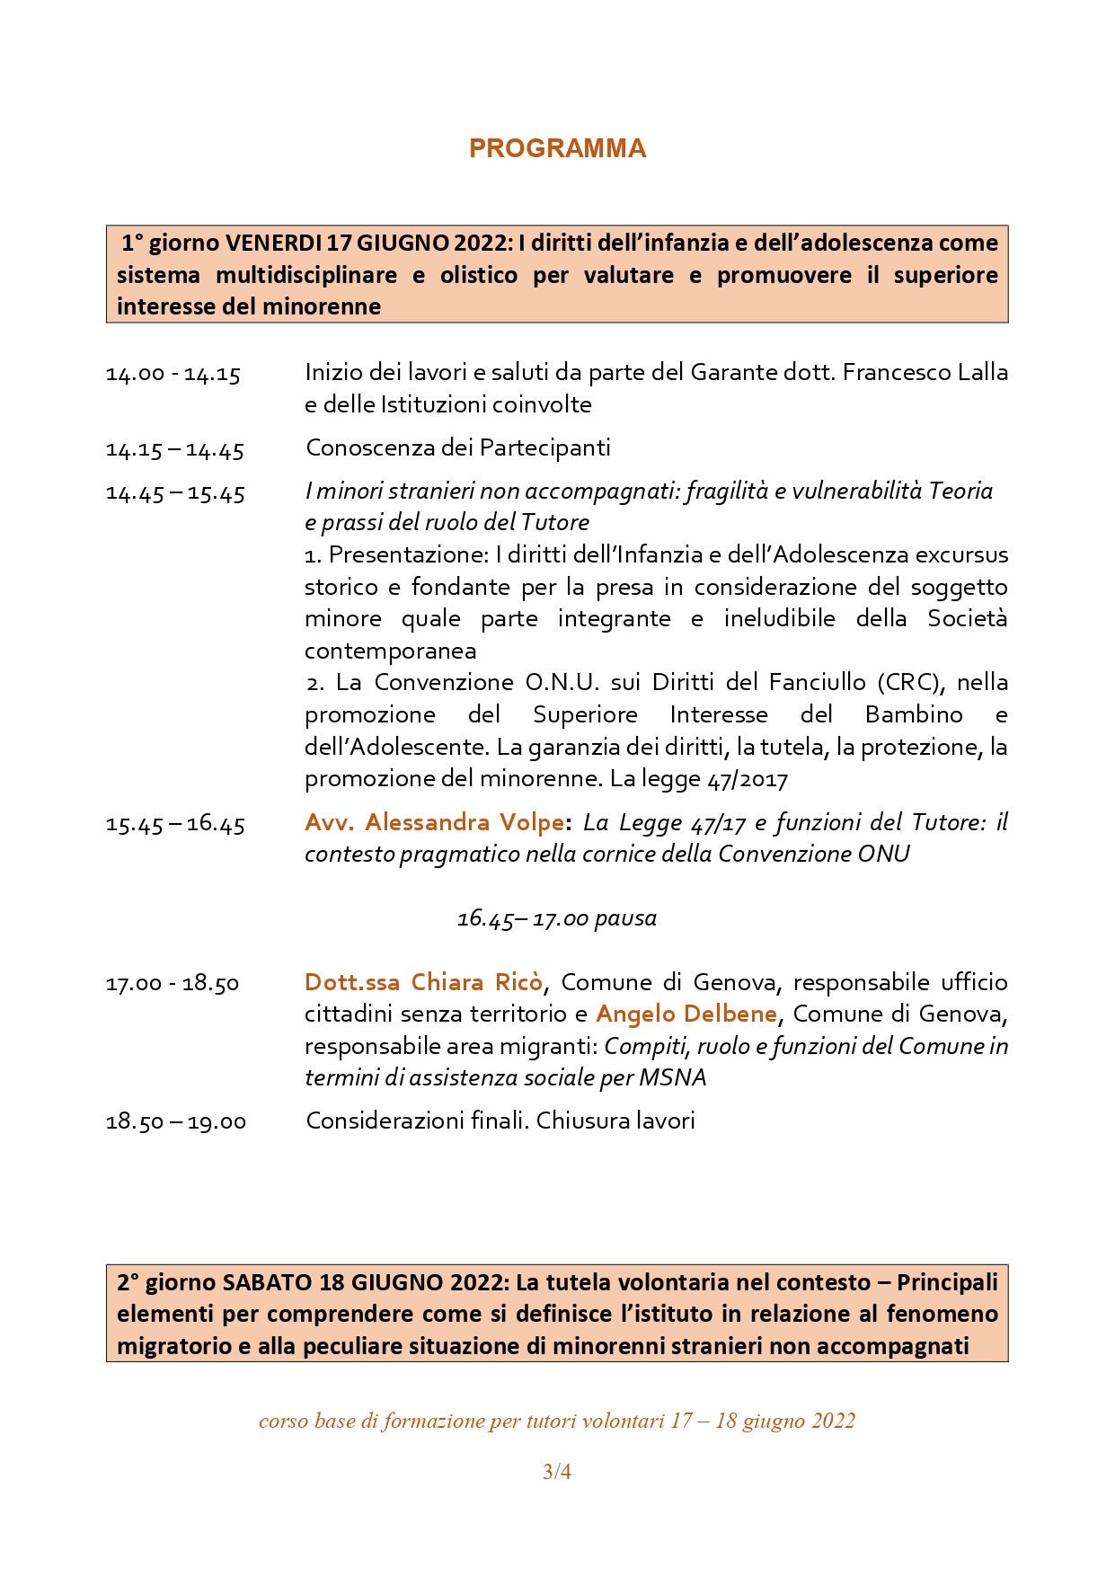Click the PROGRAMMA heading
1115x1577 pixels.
pyautogui.click(x=557, y=148)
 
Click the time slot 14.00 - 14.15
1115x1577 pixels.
pyautogui.click(x=173, y=374)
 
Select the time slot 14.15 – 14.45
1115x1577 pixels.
pyautogui.click(x=175, y=449)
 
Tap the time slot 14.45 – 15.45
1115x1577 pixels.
pyautogui.click(x=175, y=492)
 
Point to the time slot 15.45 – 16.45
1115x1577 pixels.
pyautogui.click(x=175, y=824)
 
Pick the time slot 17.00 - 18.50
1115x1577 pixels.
pyautogui.click(x=173, y=983)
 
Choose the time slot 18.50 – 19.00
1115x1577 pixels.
pyautogui.click(x=176, y=1121)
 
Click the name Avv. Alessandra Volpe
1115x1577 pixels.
pyautogui.click(x=434, y=822)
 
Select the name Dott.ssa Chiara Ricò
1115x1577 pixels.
pyautogui.click(x=423, y=982)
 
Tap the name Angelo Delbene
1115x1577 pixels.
pyautogui.click(x=686, y=1014)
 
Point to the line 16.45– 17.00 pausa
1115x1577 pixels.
pyautogui.click(x=557, y=918)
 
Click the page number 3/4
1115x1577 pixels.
pyautogui.click(x=557, y=1471)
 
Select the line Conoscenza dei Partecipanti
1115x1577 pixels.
pyautogui.click(x=458, y=447)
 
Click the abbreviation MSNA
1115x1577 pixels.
pyautogui.click(x=672, y=1077)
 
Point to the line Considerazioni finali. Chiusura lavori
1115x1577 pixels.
pyautogui.click(x=500, y=1121)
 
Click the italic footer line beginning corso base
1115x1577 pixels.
pyautogui.click(x=557, y=1421)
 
